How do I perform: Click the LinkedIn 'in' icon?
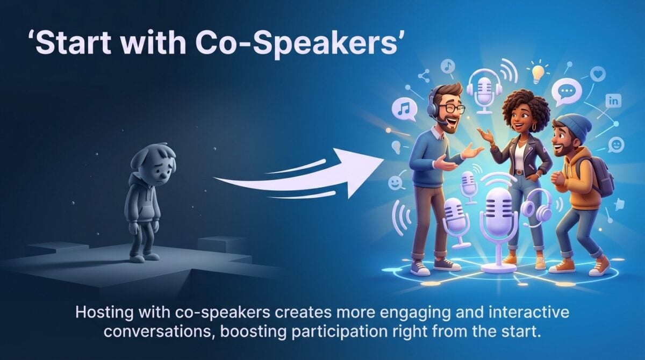coord(613,100)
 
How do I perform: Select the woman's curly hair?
coord(525,107)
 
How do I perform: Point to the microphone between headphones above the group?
coord(484,91)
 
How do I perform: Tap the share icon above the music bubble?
coord(422,75)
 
